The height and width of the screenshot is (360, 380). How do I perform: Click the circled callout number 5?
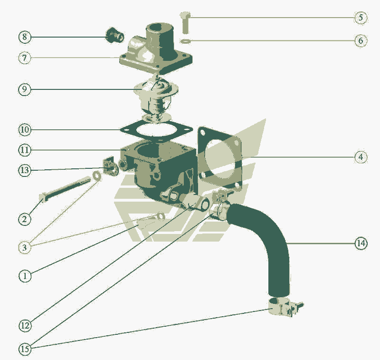361,18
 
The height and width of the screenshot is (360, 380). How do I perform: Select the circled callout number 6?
361,40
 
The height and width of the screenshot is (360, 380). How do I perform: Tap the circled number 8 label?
25,37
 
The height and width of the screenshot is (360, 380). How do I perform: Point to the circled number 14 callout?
361,243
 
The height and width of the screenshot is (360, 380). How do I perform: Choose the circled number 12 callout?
25,325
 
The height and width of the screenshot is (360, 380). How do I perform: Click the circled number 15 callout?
25,349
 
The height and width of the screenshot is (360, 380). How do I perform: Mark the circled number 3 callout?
25,248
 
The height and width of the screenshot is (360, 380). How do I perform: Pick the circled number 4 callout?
361,157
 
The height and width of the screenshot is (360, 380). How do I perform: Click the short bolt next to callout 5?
185,22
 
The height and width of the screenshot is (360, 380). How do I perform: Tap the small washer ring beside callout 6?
185,41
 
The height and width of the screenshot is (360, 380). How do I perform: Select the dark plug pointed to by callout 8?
114,35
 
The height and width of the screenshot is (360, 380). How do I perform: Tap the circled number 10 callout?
25,130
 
